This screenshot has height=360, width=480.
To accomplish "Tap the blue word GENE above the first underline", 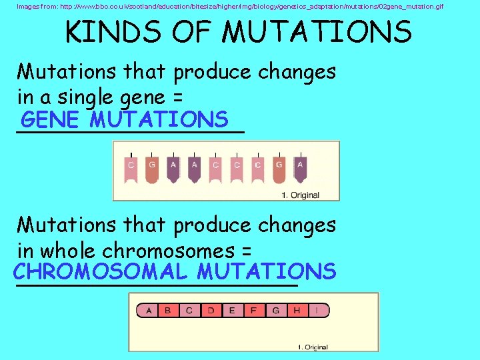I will click(51, 120).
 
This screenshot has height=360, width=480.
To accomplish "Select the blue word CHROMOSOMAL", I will click(101, 272).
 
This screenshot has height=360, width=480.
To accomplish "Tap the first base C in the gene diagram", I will click(131, 171).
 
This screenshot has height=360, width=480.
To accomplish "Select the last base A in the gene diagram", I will click(300, 171).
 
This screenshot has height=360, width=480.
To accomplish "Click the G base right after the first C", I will click(152, 171).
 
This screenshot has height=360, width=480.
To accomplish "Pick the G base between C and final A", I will click(279, 171).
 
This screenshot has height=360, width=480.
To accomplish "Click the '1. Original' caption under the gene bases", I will click(301, 195).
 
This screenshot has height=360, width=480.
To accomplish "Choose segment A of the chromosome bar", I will click(147, 310).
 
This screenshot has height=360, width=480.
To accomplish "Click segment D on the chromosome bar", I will click(211, 310).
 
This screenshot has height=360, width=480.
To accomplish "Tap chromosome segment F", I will click(253, 310).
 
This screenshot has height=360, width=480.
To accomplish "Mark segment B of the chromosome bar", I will click(168, 310).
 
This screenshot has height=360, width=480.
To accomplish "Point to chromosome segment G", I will click(275, 310).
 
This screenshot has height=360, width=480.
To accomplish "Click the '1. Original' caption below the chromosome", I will click(312, 347).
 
